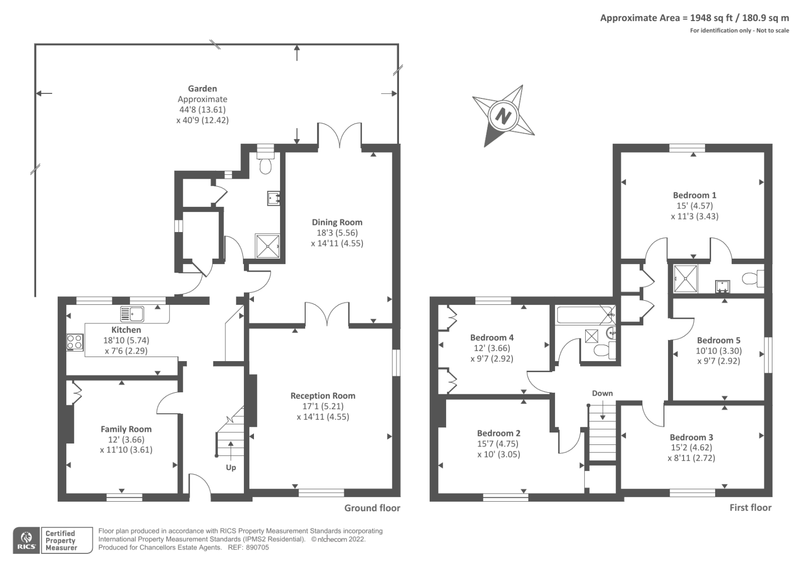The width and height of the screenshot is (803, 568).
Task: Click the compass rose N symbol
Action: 503,117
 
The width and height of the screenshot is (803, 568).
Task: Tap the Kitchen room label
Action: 126,330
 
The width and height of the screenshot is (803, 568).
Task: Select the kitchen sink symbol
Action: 132,314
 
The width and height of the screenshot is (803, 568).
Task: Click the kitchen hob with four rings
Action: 75,342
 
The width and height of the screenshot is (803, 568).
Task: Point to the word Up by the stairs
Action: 231,468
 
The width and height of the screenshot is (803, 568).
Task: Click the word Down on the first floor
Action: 602,393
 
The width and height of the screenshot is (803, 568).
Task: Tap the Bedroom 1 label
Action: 695,195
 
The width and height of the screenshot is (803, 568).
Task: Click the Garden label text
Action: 202,89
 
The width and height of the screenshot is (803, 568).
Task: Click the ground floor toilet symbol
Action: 266,164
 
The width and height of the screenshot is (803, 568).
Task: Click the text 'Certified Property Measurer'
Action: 61,541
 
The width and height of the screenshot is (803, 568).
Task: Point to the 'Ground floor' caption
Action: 372,508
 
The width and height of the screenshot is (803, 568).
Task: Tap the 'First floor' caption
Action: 750,508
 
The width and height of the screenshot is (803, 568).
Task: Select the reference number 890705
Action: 257,548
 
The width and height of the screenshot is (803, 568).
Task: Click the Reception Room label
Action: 323,396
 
